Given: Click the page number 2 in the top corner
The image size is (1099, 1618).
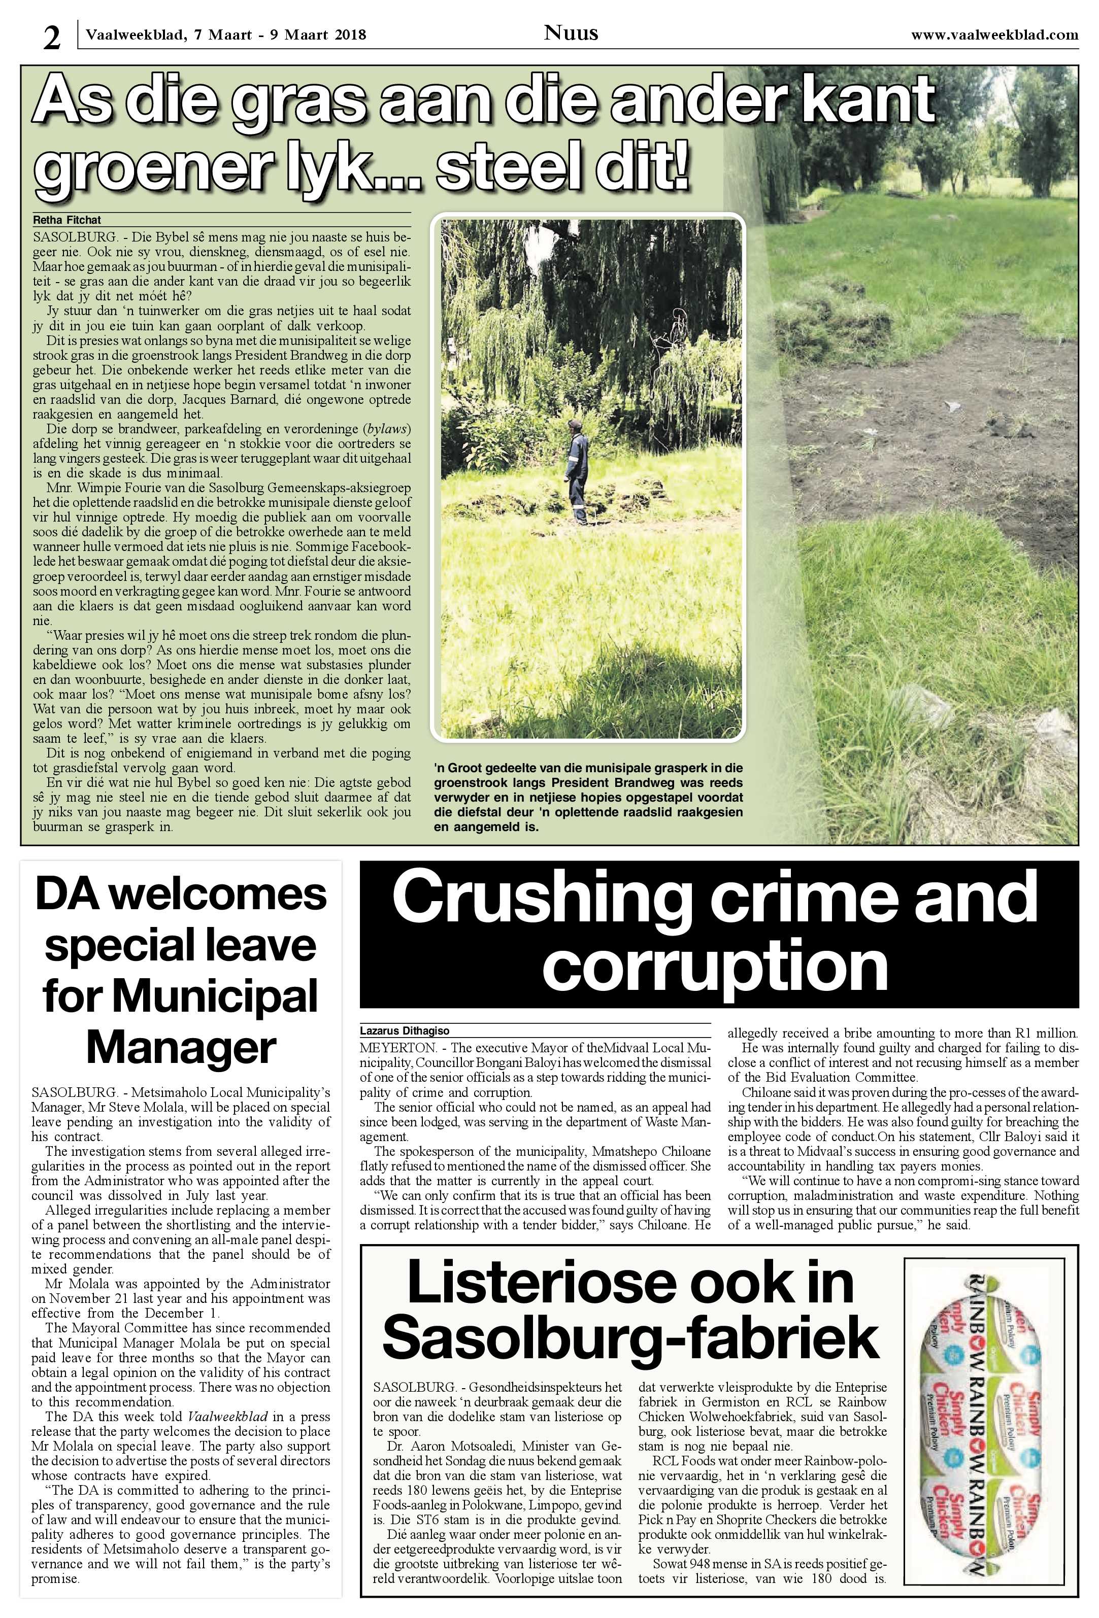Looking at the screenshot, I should click(51, 38).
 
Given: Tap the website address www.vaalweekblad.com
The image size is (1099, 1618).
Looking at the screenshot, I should click(994, 35).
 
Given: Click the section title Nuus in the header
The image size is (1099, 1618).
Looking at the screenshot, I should click(571, 32).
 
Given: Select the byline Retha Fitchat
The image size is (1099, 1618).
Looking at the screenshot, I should click(67, 220).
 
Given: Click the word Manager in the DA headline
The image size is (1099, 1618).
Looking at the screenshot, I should click(181, 1046).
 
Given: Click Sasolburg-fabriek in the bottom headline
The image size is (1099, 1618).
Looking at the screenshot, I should click(630, 1335).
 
